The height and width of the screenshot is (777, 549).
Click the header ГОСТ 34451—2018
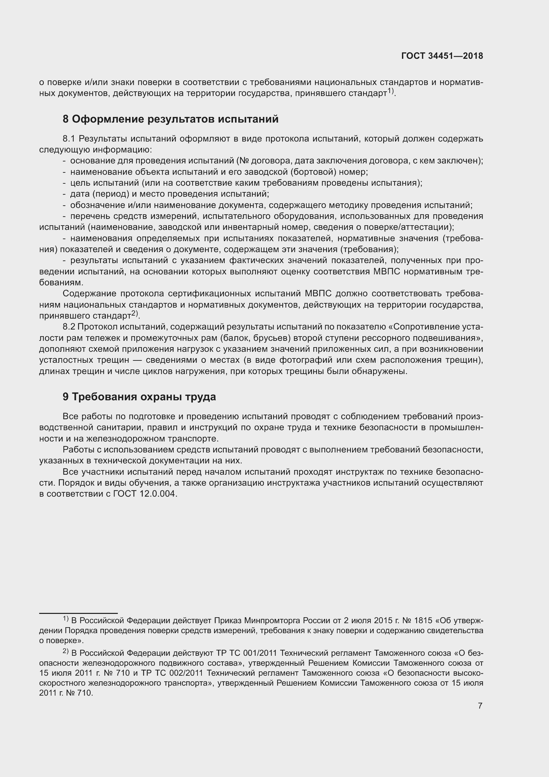pyautogui.click(x=442, y=56)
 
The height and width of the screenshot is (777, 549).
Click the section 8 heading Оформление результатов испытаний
pyautogui.click(x=170, y=119)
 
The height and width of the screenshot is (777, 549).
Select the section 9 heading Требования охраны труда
pyautogui.click(x=139, y=397)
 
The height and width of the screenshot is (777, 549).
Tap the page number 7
pyautogui.click(x=480, y=706)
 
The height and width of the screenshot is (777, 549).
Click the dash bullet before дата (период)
pyautogui.click(x=64, y=194)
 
